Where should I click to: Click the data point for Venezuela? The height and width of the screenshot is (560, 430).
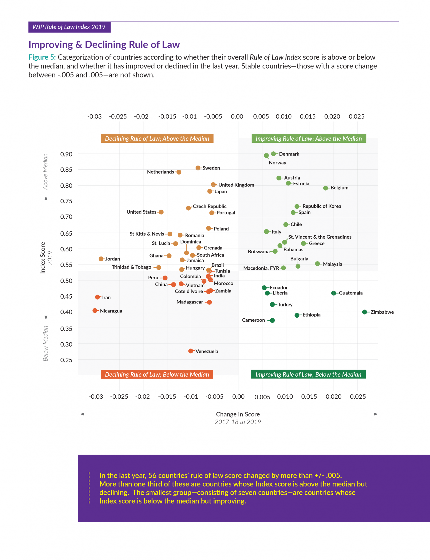coord(191,351)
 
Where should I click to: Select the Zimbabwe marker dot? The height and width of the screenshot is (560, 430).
coord(364,312)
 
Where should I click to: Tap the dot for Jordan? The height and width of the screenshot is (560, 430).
coord(101,259)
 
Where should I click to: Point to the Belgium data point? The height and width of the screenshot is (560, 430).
coord(325,188)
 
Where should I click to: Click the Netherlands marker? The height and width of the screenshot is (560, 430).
coord(179,172)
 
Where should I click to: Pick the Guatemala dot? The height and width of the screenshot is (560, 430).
coord(334,293)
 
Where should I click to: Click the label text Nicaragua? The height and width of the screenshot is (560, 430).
coord(111,311)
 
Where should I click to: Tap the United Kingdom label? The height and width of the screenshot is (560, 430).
coord(236,185)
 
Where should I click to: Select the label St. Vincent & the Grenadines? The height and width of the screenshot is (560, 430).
coord(320,237)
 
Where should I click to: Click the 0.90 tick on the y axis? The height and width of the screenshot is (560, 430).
coord(66,154)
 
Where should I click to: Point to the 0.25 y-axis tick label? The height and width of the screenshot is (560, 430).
coord(66,360)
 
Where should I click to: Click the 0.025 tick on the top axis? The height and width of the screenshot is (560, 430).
coord(356,116)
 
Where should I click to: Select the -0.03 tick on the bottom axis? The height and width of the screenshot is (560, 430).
coord(96,397)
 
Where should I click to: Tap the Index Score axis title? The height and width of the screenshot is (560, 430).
coord(43,258)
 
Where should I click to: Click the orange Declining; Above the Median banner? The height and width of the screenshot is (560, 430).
coord(157,138)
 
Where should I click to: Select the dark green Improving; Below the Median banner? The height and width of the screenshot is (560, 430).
coord(308,374)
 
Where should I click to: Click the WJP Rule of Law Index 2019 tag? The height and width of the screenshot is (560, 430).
coord(69,27)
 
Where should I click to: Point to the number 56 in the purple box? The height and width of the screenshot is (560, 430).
coord(152,476)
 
